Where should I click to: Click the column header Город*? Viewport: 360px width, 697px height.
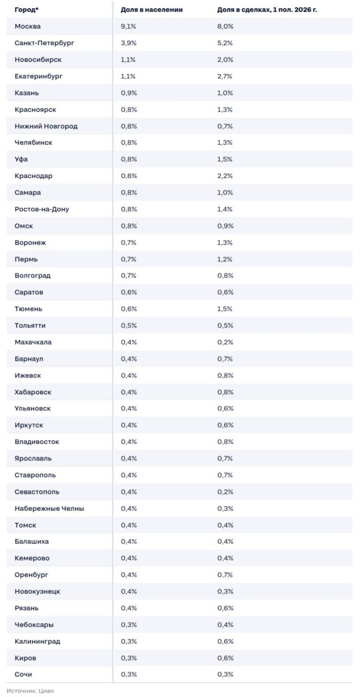[27, 10]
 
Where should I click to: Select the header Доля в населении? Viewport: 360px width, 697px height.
[151, 10]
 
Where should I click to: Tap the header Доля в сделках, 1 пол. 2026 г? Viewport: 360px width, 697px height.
[267, 10]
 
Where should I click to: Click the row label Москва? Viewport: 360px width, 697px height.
[27, 27]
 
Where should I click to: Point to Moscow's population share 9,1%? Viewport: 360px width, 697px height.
[129, 27]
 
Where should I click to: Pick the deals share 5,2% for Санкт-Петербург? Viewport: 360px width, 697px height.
[224, 43]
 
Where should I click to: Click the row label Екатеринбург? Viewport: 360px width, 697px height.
[39, 76]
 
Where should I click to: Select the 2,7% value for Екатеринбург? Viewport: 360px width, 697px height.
[224, 76]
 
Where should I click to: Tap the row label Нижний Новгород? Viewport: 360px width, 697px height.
[46, 126]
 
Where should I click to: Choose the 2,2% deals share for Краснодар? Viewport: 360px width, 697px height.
[224, 176]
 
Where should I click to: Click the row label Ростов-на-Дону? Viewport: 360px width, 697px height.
[42, 209]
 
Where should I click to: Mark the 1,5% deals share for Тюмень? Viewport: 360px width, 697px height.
[224, 309]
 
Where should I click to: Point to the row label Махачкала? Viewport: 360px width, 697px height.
[33, 343]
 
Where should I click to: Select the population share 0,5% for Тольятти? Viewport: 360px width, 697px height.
[129, 326]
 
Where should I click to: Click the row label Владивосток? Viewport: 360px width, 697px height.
[36, 442]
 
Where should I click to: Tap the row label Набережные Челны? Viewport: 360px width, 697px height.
[49, 509]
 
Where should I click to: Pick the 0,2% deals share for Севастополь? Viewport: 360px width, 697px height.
[225, 492]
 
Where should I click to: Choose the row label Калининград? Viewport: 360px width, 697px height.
[38, 641]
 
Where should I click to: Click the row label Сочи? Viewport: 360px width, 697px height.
[23, 674]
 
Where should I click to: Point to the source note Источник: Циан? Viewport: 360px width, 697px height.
[30, 691]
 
